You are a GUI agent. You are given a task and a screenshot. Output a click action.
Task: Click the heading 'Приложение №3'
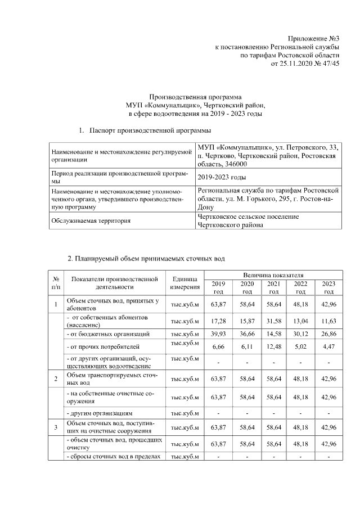(x=317, y=38)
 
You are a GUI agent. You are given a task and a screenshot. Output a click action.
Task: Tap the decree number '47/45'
(x=329, y=65)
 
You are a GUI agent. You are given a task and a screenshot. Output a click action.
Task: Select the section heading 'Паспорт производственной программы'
(x=150, y=131)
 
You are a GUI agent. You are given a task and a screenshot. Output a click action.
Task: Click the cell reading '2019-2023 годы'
(x=222, y=177)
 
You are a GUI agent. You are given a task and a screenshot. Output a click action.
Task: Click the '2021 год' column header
(x=274, y=287)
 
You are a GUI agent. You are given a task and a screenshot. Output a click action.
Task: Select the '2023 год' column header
(x=328, y=287)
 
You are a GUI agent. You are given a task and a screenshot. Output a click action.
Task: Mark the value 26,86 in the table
(x=328, y=334)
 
